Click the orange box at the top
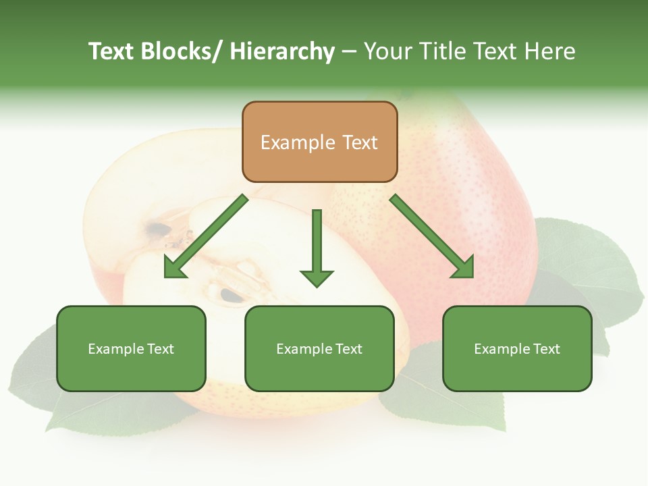[x=319, y=142]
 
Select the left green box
[x=131, y=348]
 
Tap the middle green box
[x=319, y=348]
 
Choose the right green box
[x=517, y=348]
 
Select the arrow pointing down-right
[x=433, y=237]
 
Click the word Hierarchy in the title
[x=282, y=51]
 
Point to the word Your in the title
[x=387, y=51]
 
